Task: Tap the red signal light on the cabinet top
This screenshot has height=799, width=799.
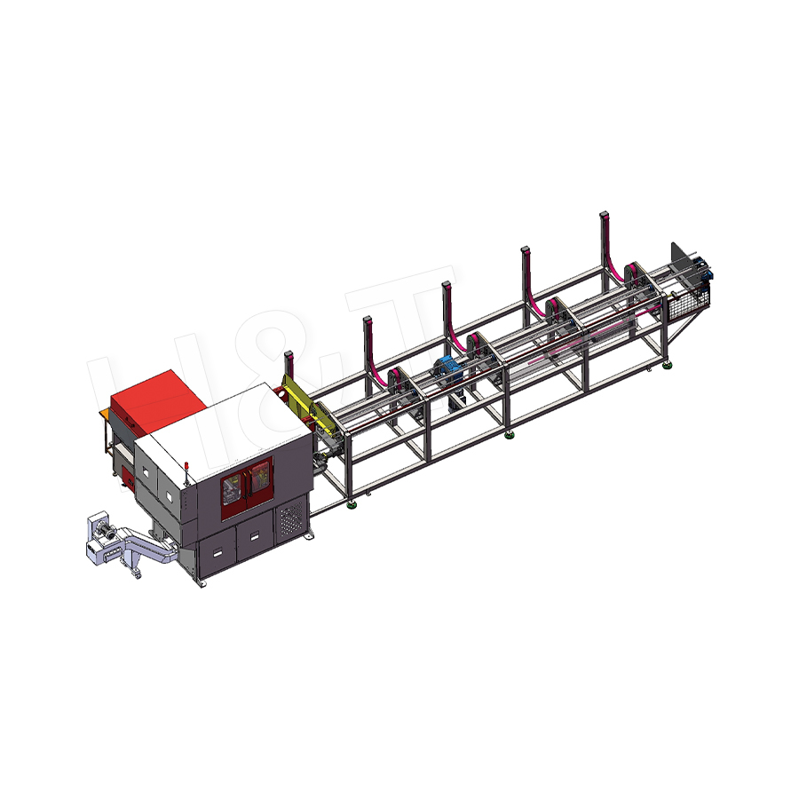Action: point(189,463)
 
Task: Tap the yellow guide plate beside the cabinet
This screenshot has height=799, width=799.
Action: point(299,395)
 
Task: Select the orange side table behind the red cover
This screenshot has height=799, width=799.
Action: point(106,417)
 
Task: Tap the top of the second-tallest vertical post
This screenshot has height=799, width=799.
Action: point(526,250)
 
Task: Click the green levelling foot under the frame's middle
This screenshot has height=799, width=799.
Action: point(508,434)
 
